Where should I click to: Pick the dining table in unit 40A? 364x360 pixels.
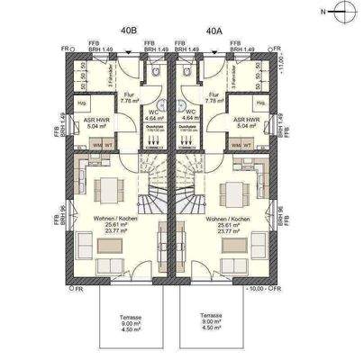pyautogui.click(x=233, y=192)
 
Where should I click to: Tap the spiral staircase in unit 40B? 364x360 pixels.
pyautogui.click(x=151, y=184)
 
